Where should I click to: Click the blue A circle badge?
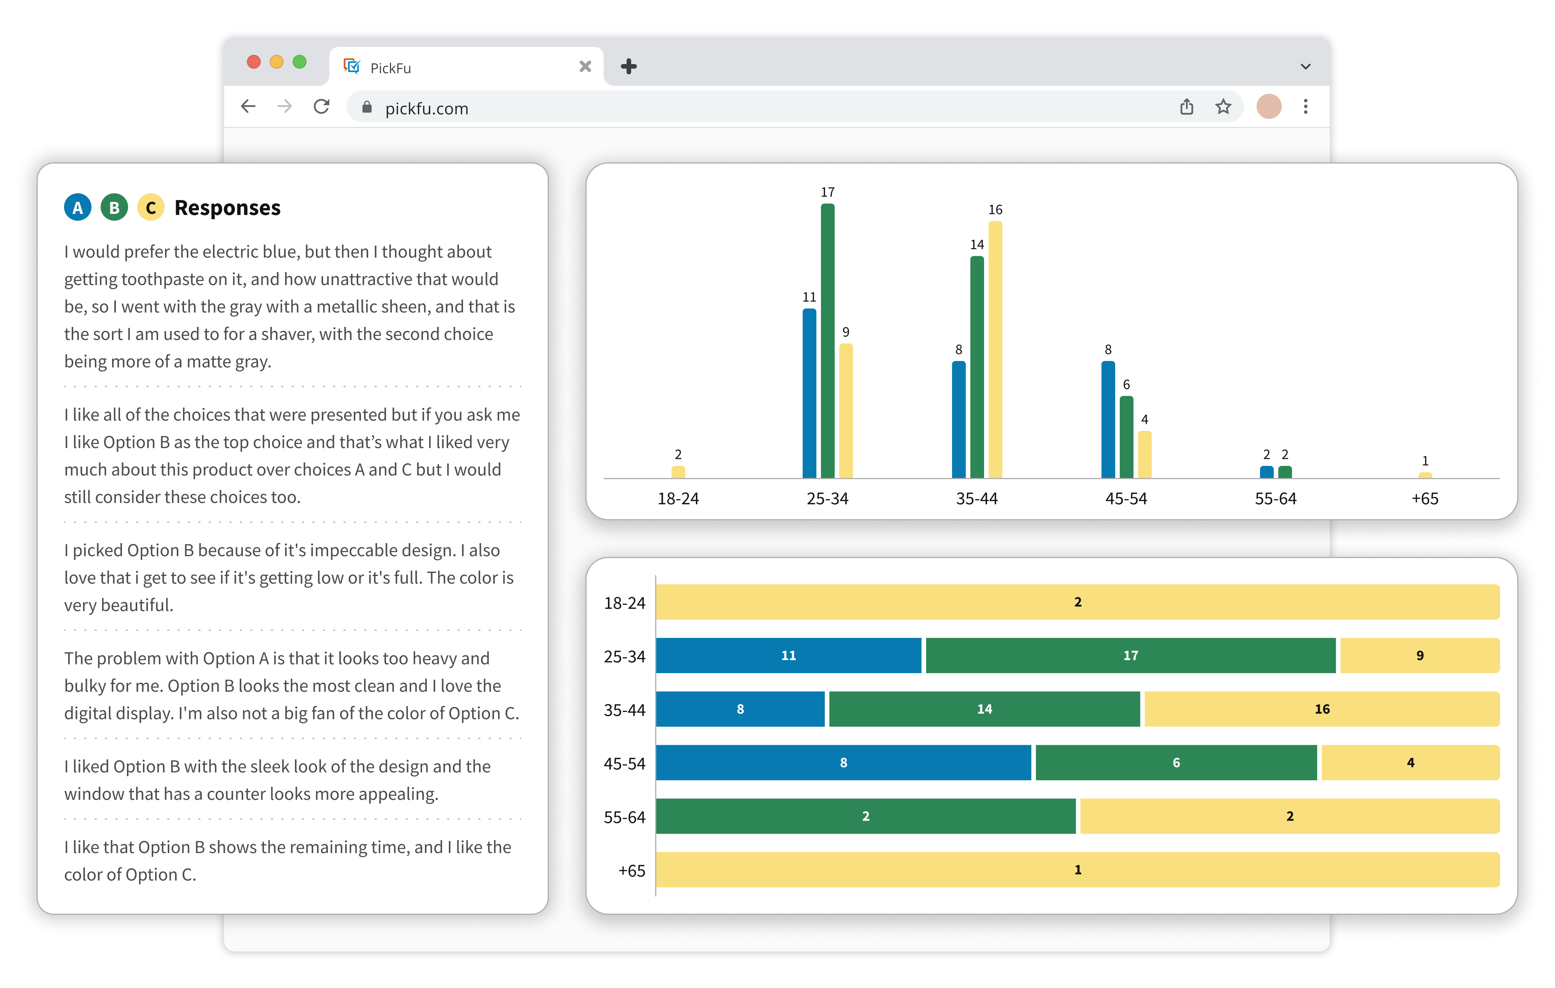(x=77, y=207)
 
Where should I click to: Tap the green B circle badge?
(x=114, y=207)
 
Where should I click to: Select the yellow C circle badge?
(x=151, y=207)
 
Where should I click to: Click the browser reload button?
(x=322, y=107)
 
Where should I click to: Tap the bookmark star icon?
(x=1223, y=107)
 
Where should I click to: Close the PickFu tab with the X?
(x=585, y=66)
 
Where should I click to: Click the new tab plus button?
(x=628, y=66)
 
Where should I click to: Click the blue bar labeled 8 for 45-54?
(x=1108, y=420)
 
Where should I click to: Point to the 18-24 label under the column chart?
(x=678, y=499)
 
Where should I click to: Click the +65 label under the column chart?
(x=1425, y=499)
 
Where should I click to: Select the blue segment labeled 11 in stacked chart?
(x=789, y=656)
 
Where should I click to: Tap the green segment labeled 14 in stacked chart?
(x=984, y=709)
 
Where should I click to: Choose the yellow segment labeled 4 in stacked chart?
(x=1410, y=763)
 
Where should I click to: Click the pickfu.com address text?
(x=427, y=109)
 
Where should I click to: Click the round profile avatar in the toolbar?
(x=1269, y=107)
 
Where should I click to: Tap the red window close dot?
(x=254, y=62)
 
